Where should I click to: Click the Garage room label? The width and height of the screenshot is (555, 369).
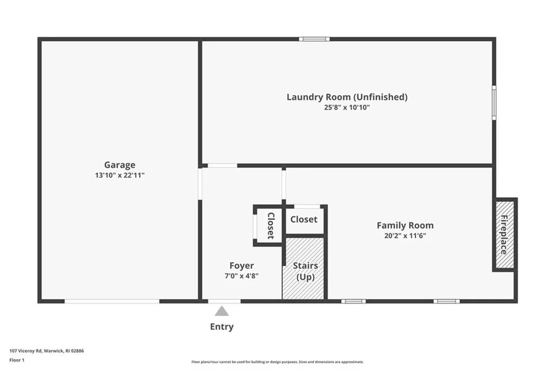click(120, 165)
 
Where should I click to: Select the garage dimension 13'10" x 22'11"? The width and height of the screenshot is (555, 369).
click(120, 176)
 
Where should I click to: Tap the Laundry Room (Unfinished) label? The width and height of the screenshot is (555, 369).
click(347, 97)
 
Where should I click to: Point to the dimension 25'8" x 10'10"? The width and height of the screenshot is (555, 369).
click(347, 107)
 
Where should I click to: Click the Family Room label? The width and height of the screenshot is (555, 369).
click(405, 225)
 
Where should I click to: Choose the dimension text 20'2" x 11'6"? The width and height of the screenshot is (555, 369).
click(405, 236)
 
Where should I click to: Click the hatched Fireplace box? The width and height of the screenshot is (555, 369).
click(504, 234)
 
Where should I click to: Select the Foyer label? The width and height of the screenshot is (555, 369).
click(241, 266)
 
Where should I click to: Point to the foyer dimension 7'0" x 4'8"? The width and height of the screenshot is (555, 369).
click(241, 276)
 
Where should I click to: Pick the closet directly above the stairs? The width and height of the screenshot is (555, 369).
click(304, 219)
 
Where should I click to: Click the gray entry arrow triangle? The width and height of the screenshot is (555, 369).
click(222, 311)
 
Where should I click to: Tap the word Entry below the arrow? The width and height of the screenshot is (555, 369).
click(222, 327)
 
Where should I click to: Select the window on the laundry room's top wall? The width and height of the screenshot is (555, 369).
click(314, 39)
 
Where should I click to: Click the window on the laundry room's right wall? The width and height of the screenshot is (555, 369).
click(494, 102)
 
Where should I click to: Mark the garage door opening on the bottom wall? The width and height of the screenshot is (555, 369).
click(112, 301)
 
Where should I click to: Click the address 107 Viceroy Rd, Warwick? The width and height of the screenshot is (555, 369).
click(47, 351)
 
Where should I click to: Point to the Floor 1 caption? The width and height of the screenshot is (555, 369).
click(17, 359)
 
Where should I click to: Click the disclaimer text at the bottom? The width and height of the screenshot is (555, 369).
click(277, 362)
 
